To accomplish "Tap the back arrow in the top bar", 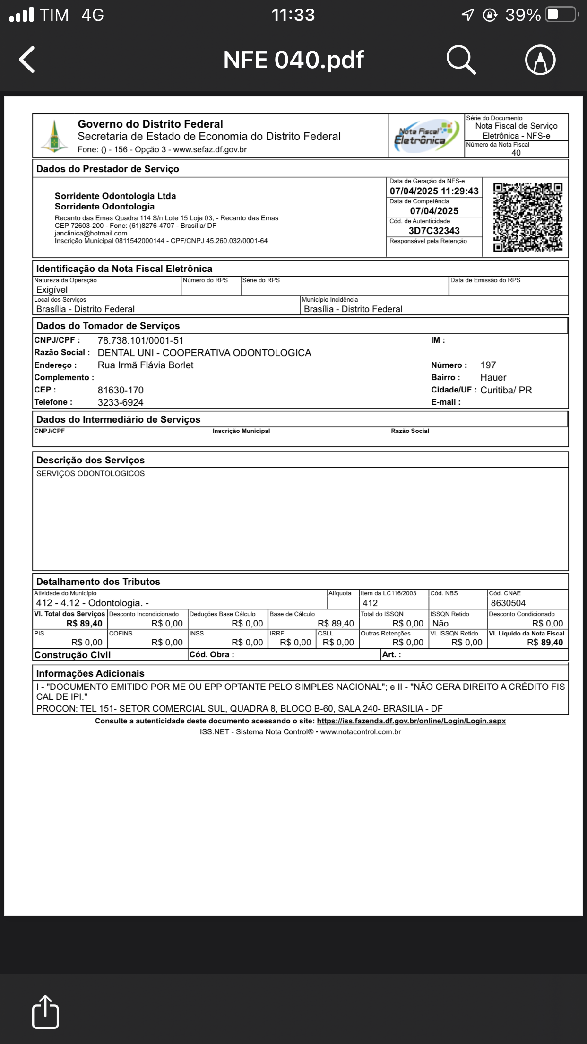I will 27,60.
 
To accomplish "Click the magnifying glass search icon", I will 461,60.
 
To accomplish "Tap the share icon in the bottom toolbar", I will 45,1012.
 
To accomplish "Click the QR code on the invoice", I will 527,217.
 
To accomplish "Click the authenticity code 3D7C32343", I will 434,231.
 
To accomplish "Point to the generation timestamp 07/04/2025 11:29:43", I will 434,191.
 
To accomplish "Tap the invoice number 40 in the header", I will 516,153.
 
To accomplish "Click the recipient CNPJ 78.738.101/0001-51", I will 140,340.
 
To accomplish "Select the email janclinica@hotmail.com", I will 91,233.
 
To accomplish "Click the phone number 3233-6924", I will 121,402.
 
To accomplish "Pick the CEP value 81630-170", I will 121,390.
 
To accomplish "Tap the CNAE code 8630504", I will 508,603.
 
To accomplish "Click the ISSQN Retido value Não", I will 440,623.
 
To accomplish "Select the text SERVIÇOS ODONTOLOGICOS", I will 91,473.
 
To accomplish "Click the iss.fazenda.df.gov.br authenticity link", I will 411,721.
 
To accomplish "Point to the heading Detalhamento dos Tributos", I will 98,582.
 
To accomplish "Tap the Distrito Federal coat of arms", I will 54,137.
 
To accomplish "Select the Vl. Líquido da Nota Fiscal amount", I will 545,643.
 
